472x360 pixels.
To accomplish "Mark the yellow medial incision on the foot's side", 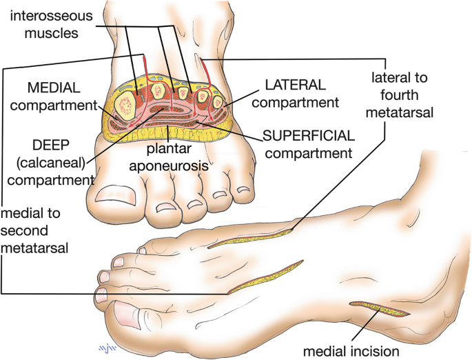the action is [380, 309].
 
